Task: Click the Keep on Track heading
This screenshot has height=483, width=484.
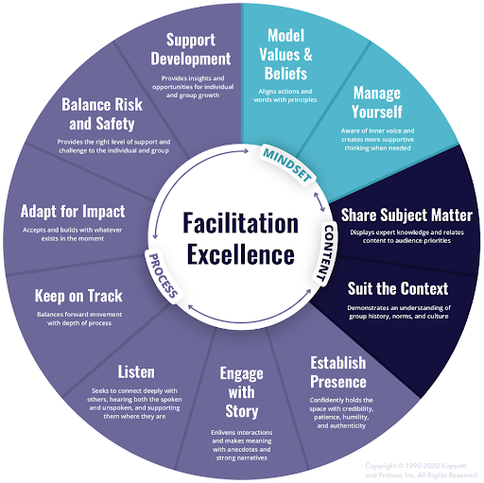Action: pyautogui.click(x=79, y=296)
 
